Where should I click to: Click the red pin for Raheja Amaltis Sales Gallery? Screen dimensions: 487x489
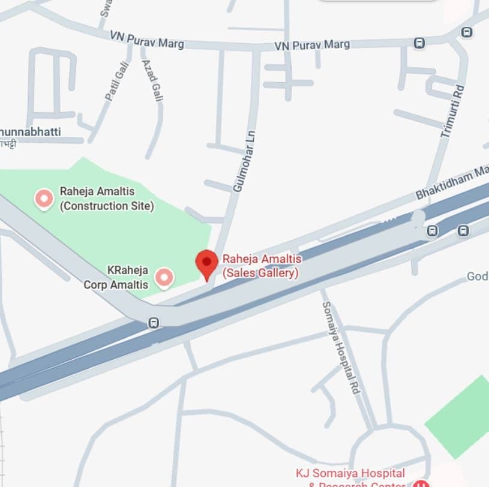(x=207, y=262)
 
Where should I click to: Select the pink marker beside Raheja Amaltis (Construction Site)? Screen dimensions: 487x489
(x=44, y=198)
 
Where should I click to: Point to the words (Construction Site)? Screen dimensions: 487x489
(x=107, y=206)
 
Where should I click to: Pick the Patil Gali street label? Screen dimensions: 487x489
(x=117, y=82)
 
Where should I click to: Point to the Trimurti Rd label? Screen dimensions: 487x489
(x=452, y=111)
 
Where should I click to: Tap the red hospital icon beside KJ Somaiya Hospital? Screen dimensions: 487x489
(x=421, y=483)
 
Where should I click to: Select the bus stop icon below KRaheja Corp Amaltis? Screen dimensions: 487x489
(x=154, y=323)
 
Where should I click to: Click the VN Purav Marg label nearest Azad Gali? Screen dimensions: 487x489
(x=147, y=40)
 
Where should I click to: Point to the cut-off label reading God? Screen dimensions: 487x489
(x=478, y=276)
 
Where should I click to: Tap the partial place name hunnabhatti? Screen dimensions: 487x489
(x=31, y=131)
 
